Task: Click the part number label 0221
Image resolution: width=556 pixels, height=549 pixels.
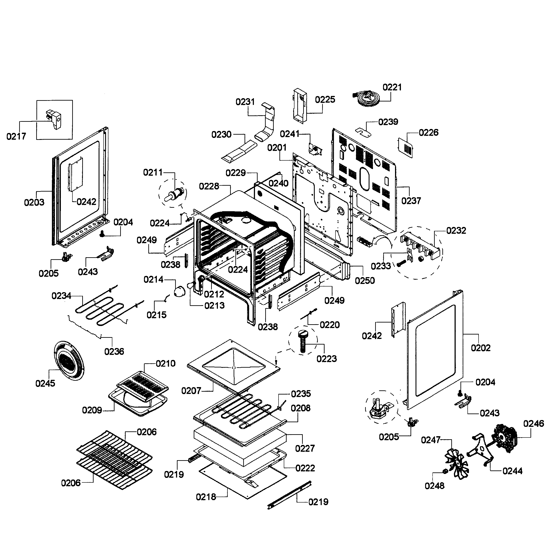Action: pyautogui.click(x=392, y=87)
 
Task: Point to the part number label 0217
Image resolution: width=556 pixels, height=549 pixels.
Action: pyautogui.click(x=16, y=136)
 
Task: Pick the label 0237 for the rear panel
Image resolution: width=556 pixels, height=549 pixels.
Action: pyautogui.click(x=411, y=201)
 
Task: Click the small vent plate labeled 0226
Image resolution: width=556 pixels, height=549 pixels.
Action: pyautogui.click(x=405, y=148)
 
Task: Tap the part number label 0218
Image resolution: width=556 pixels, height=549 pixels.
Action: pyautogui.click(x=206, y=497)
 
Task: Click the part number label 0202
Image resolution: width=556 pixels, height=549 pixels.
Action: pyautogui.click(x=480, y=348)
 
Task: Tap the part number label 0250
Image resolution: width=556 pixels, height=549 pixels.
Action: pyautogui.click(x=365, y=280)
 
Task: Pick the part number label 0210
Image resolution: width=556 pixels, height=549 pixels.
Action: pyautogui.click(x=166, y=364)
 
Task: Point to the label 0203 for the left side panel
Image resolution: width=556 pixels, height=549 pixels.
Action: pyautogui.click(x=34, y=202)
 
